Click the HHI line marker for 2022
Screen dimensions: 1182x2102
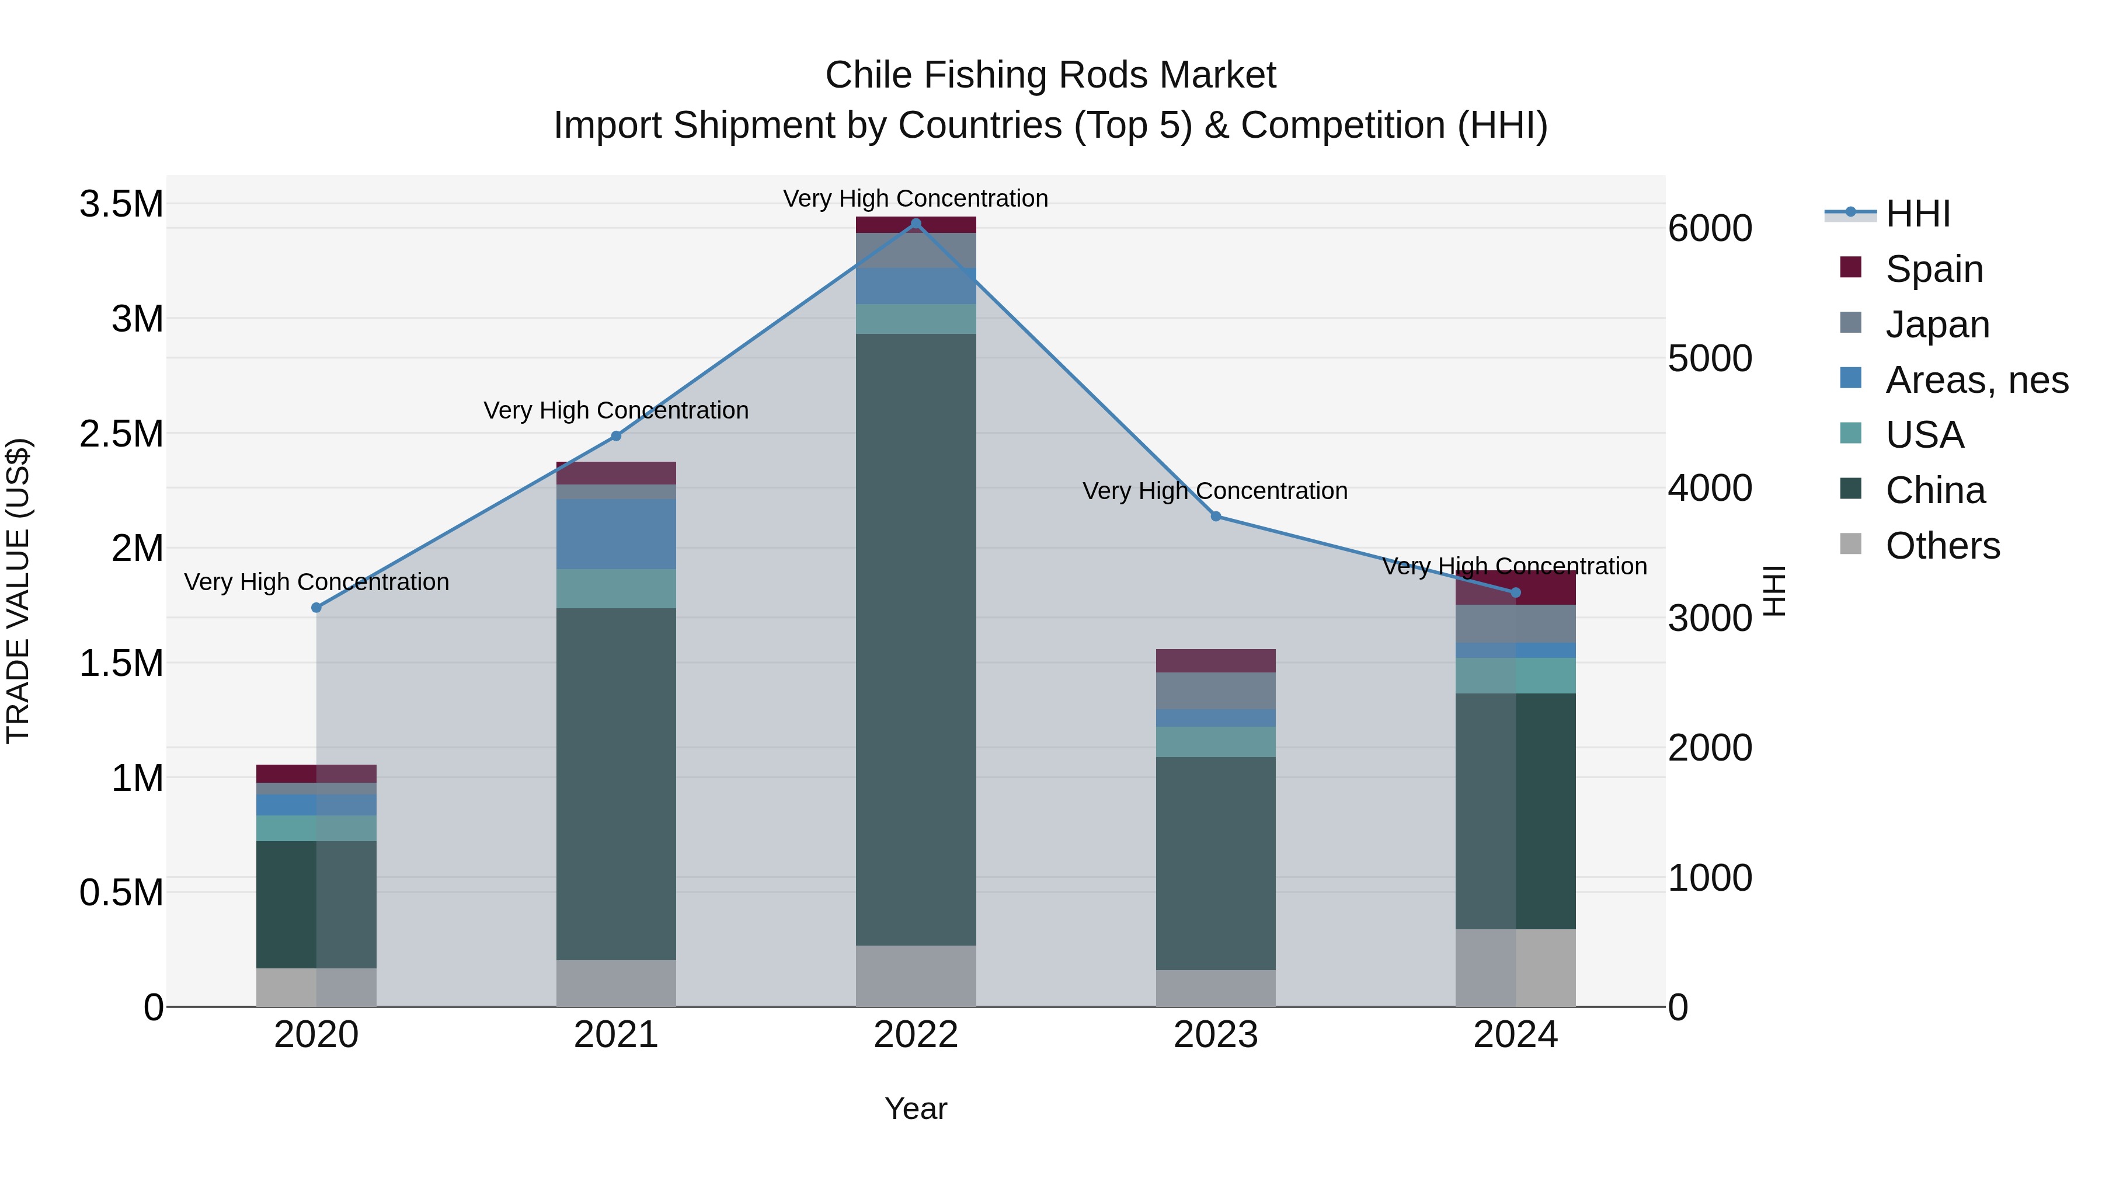pos(916,224)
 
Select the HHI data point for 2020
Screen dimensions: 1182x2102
pos(316,608)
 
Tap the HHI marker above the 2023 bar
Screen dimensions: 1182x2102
pos(1216,517)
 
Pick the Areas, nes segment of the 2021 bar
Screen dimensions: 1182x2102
pos(616,534)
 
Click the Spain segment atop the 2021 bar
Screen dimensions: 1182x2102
pos(616,473)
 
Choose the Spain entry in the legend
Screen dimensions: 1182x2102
pos(1934,269)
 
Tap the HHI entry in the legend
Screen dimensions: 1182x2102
pos(1917,214)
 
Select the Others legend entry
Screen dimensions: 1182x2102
pos(1942,546)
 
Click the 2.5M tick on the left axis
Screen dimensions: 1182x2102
pos(121,434)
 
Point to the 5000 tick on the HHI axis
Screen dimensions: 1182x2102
pos(1710,358)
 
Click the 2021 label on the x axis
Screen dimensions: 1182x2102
pos(616,1035)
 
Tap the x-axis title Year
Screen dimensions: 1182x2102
pos(916,1108)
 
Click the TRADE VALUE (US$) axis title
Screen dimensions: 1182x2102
pos(18,591)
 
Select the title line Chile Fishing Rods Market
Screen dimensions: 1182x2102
pos(1050,75)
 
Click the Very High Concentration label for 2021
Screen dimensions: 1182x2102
pos(616,410)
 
